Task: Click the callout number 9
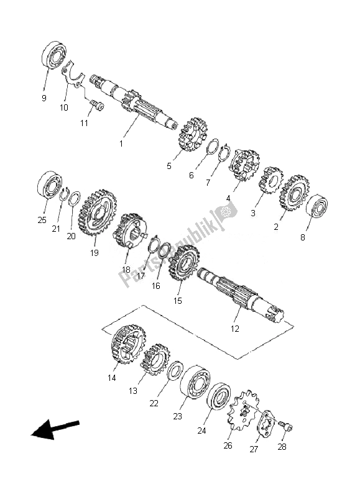[x=44, y=98]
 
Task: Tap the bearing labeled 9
[x=54, y=55]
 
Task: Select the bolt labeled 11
[x=97, y=105]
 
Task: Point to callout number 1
[x=121, y=144]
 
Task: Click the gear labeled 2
[x=294, y=193]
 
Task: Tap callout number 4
[x=228, y=199]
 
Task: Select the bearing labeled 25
[x=50, y=185]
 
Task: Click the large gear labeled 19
[x=97, y=212]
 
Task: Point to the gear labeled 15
[x=184, y=263]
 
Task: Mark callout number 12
[x=234, y=329]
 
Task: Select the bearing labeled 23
[x=195, y=382]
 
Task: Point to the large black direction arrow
[x=55, y=429]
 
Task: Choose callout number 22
[x=154, y=403]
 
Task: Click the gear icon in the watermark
[x=226, y=211]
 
